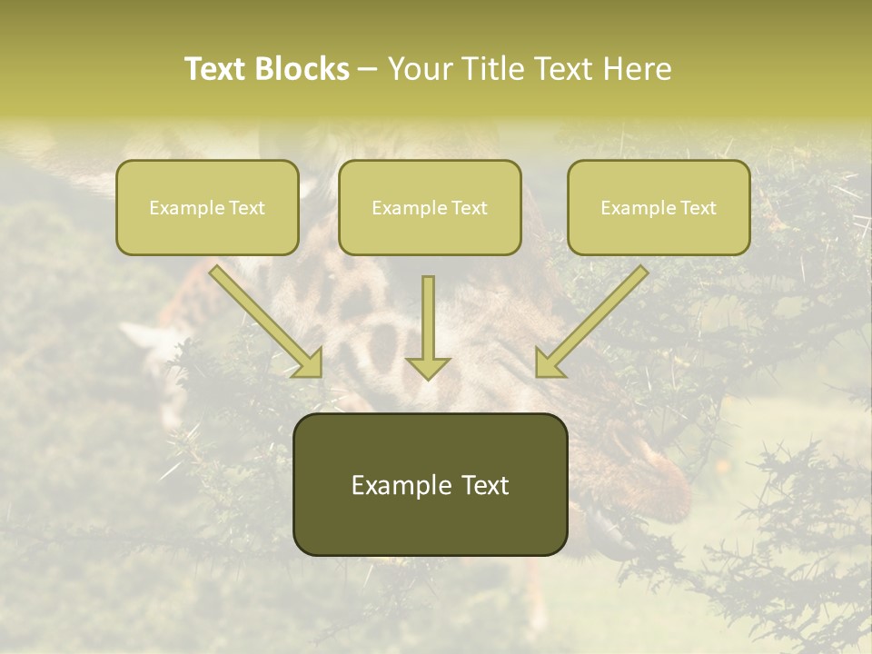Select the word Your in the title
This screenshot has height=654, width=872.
coord(421,69)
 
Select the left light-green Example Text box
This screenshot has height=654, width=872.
coord(207,208)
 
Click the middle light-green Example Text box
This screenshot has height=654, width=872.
coord(430,208)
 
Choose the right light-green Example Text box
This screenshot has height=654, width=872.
coord(659,208)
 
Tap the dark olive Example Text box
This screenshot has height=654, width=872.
coord(430,485)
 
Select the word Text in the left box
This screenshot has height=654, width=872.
coord(246,208)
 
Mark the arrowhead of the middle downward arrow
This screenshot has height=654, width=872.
coord(428,367)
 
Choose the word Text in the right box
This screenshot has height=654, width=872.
coord(698,208)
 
